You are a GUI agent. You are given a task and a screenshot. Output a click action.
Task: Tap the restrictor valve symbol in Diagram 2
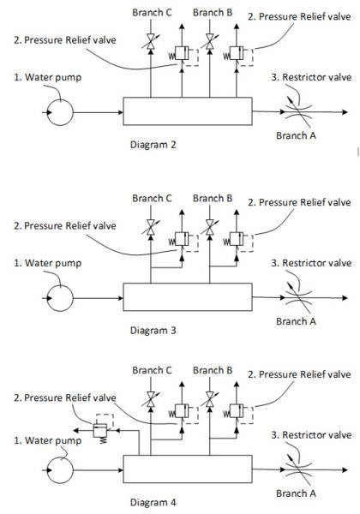298,111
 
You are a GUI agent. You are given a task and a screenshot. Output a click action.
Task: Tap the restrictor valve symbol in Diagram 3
298,297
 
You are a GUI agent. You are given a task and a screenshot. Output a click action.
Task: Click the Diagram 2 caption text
153,145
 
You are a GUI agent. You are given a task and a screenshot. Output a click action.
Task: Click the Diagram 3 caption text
153,330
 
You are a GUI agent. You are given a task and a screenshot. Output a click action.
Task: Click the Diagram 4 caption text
153,502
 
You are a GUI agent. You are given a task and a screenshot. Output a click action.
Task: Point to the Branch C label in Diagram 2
152,13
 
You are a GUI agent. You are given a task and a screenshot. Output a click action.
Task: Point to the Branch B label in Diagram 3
213,199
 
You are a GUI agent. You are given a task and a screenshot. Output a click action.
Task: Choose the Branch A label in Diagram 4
296,493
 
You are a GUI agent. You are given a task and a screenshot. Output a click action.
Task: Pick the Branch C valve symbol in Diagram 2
151,42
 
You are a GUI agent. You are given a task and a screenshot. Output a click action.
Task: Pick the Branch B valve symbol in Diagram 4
210,399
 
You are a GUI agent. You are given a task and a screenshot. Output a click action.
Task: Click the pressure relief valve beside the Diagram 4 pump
100,430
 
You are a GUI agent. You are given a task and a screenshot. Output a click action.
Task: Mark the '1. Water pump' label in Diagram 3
47,263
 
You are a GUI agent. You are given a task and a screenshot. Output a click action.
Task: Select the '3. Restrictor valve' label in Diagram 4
311,435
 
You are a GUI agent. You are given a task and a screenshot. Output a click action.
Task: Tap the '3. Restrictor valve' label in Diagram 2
311,77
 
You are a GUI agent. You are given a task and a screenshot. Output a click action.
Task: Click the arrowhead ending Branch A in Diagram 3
345,298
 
